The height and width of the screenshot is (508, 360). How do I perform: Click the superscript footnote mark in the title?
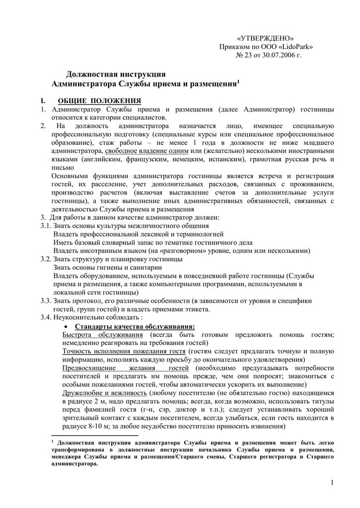click(238, 81)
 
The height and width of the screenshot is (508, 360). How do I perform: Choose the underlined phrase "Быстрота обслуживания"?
click(94, 335)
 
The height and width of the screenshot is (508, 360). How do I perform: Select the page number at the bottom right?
click(332, 483)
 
